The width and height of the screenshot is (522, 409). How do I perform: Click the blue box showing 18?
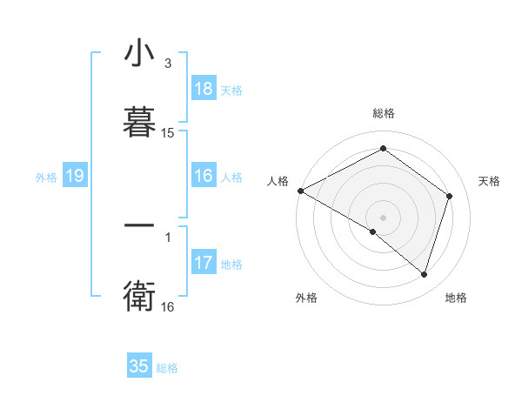[x=203, y=89]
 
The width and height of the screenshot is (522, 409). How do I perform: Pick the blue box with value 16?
[x=203, y=176]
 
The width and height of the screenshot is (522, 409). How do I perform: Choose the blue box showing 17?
[x=203, y=262]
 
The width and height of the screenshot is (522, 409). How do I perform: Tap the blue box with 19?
[x=74, y=176]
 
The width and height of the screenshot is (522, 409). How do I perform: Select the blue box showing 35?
[x=139, y=366]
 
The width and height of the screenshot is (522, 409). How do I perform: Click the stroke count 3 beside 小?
[x=168, y=64]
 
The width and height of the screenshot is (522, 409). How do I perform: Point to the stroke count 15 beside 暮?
[x=168, y=133]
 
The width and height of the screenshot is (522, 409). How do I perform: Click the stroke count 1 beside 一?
[x=168, y=236]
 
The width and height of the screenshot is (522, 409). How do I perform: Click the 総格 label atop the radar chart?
[x=384, y=113]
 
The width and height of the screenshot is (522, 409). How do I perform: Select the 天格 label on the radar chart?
[x=489, y=181]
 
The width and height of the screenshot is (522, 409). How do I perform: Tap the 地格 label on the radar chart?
[x=456, y=298]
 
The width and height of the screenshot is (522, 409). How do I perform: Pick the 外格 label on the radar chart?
[x=306, y=298]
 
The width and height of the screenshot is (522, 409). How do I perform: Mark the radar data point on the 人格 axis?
[x=300, y=191]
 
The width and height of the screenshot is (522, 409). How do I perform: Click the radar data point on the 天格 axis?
[x=450, y=196]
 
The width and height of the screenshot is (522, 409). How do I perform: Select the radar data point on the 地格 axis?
[x=424, y=274]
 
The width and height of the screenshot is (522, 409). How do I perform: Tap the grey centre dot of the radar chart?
[x=384, y=217]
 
